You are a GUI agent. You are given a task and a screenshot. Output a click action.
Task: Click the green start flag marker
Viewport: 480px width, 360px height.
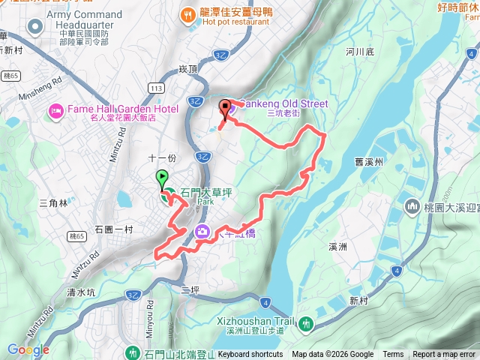[162, 179]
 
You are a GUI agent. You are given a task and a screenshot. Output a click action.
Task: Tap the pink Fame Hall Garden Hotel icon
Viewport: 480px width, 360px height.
[55, 111]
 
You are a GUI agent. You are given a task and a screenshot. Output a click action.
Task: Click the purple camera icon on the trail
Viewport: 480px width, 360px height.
[202, 232]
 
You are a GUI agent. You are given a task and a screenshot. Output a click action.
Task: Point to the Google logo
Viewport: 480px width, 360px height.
[28, 349]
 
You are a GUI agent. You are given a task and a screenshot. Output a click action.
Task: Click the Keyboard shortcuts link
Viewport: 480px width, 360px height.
[250, 355]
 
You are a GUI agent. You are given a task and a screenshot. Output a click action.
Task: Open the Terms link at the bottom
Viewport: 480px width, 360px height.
[393, 355]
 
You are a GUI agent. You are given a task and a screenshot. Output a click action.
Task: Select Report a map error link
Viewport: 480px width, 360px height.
[445, 355]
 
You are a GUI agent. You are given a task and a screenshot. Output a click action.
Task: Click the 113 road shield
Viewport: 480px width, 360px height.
[155, 88]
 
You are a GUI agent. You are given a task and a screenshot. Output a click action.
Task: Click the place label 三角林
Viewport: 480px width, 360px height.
[52, 202]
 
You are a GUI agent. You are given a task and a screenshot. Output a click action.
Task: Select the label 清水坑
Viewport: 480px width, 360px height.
[81, 292]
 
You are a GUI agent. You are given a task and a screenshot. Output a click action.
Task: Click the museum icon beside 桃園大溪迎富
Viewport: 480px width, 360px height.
[412, 205]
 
